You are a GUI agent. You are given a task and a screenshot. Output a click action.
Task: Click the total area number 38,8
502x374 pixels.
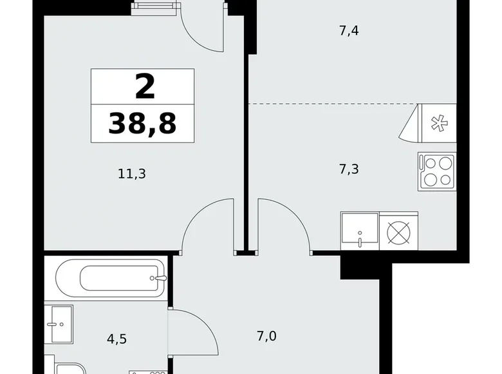tap(142, 123)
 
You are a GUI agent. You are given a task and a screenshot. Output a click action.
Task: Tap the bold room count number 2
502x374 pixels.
tap(145, 87)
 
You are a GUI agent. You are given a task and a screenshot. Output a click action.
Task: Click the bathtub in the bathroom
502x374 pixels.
tap(111, 279)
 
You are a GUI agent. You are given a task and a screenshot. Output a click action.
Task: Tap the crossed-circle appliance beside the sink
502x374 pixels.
tap(399, 231)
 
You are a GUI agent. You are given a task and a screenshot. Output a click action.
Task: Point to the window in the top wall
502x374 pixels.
tap(154, 7)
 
